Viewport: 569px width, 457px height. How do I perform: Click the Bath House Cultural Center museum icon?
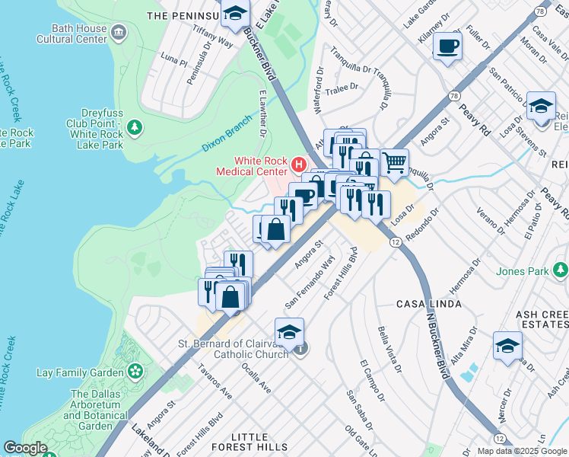pos(119,31)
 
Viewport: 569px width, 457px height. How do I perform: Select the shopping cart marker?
pos(394,161)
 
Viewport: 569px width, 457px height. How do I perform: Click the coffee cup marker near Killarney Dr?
pos(447,45)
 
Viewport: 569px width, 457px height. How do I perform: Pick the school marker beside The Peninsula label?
pos(236,14)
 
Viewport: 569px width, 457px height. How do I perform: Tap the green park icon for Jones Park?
pos(561,270)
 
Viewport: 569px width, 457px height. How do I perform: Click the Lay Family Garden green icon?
pos(136,371)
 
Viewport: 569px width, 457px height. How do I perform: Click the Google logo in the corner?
pos(25,448)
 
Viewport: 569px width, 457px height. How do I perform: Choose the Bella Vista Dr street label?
pos(392,348)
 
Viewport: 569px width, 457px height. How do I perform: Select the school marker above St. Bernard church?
pos(289,331)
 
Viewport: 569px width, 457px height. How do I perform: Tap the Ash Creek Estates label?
pos(542,320)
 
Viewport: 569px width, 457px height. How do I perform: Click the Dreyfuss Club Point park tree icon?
pos(135,126)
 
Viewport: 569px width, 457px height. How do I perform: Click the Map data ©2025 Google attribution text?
pos(522,451)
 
